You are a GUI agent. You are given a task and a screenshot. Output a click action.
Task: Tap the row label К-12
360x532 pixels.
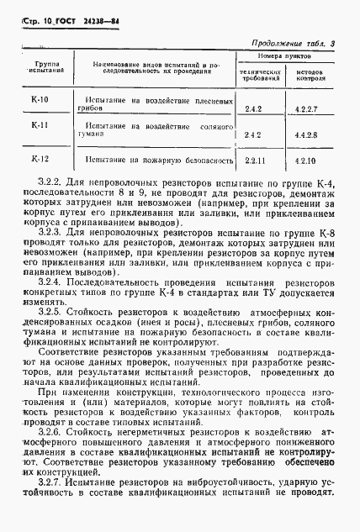coord(40,157)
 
